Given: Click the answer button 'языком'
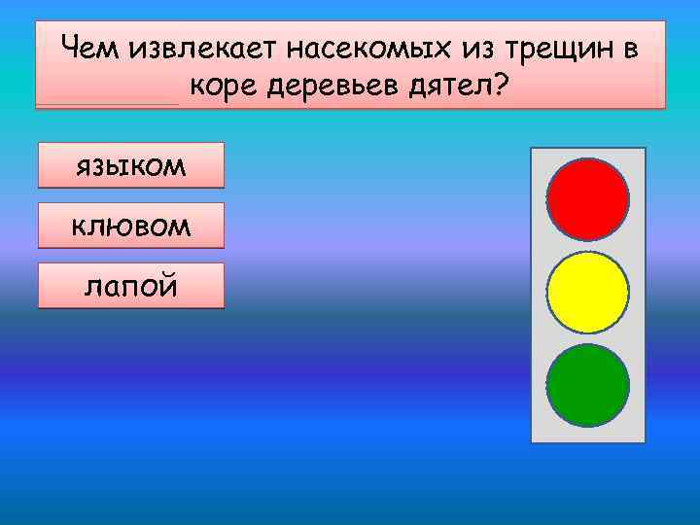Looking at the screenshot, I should click(130, 165).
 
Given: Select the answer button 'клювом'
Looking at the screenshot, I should click(130, 226).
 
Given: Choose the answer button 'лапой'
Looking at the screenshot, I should click(130, 286).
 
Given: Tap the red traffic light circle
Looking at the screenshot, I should click(587, 199).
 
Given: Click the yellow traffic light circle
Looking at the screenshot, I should click(587, 293).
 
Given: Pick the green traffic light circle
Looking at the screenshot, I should click(587, 385).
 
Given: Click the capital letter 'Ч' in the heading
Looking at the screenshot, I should click(70, 47).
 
